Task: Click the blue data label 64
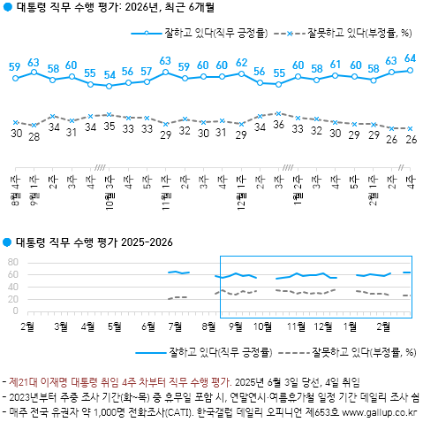point(410,58)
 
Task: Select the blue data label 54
point(110,75)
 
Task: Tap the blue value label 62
point(242,63)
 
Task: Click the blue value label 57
point(147,71)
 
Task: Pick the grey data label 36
point(279,126)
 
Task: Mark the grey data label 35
point(110,126)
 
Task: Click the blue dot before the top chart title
point(8,10)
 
